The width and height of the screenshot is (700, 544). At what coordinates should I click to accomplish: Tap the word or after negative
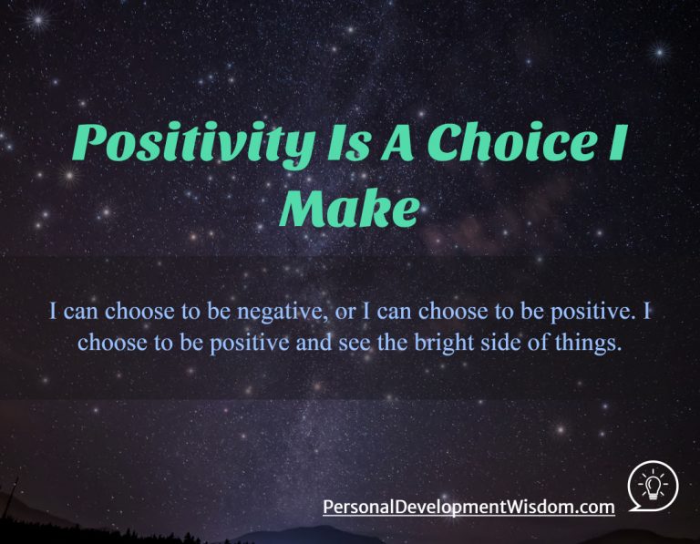pos(338,313)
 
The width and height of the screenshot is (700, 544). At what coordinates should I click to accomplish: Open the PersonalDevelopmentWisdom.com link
pos(468,506)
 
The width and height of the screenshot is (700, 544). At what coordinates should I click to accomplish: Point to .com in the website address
pos(593,506)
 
